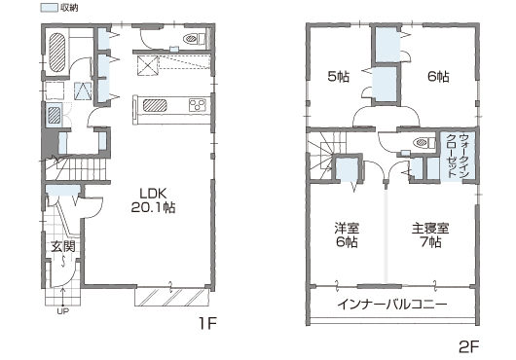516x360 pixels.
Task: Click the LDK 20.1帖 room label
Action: (153, 200)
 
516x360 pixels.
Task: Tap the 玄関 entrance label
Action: (62, 246)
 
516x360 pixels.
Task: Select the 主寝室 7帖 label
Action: (430, 235)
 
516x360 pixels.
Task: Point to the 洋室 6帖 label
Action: (347, 235)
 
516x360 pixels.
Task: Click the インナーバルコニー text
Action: (392, 305)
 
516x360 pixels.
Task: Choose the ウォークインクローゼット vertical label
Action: (458, 156)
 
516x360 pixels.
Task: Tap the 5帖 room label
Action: (339, 77)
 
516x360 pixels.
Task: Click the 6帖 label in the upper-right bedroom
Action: (438, 77)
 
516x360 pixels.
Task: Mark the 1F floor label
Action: (207, 324)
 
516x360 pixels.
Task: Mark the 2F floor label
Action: (469, 346)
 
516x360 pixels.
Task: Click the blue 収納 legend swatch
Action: (49, 8)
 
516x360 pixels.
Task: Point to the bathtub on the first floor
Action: (57, 53)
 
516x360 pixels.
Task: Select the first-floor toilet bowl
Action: (194, 39)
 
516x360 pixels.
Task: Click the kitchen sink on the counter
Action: (155, 105)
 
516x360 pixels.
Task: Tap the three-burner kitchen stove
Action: (198, 105)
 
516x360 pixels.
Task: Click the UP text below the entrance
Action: (63, 311)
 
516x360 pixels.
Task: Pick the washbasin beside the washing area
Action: (54, 116)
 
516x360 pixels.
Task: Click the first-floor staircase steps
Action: (77, 169)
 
